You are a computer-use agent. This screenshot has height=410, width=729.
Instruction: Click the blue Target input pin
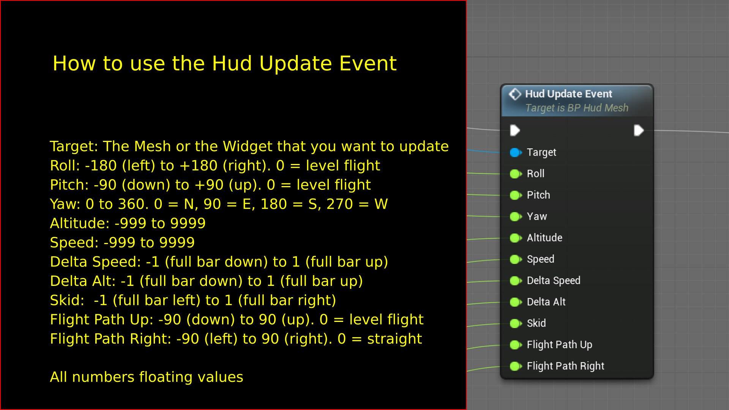pos(515,152)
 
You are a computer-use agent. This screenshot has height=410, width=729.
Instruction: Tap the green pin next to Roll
pos(515,174)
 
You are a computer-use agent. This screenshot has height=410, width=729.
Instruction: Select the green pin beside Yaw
pos(515,216)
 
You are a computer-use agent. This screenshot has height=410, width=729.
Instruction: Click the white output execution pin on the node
pos(639,131)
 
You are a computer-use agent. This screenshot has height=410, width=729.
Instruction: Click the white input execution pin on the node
pos(515,131)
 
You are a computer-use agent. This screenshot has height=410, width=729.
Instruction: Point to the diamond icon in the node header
pos(515,94)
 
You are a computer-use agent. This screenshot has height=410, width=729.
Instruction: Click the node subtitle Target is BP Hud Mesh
pos(576,108)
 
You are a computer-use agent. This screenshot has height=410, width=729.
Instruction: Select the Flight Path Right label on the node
pos(565,366)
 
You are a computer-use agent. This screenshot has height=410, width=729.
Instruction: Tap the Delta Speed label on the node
pos(553,281)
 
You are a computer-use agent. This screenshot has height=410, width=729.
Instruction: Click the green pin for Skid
pos(515,323)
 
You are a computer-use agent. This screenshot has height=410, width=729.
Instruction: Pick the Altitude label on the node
pos(544,238)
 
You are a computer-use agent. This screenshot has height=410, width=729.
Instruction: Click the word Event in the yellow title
pos(368,63)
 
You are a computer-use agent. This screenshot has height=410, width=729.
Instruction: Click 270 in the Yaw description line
pos(339,204)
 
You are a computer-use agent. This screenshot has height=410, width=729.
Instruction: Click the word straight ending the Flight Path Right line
pos(394,339)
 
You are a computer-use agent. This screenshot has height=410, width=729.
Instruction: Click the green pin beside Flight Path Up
pos(515,345)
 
